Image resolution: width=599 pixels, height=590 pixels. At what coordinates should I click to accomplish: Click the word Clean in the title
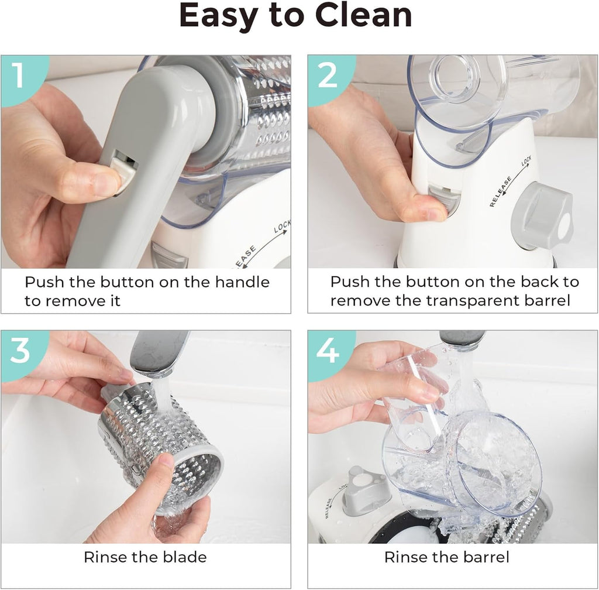(x=363, y=16)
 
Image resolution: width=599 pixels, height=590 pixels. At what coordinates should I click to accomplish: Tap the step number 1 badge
(x=20, y=77)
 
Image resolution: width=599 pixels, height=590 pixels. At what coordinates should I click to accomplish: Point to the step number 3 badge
(x=20, y=352)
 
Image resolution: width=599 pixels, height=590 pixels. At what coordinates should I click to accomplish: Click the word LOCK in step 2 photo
(x=526, y=161)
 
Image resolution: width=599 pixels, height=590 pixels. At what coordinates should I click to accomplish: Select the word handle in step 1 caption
(x=242, y=282)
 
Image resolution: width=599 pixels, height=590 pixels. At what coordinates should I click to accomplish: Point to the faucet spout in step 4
(x=462, y=338)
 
